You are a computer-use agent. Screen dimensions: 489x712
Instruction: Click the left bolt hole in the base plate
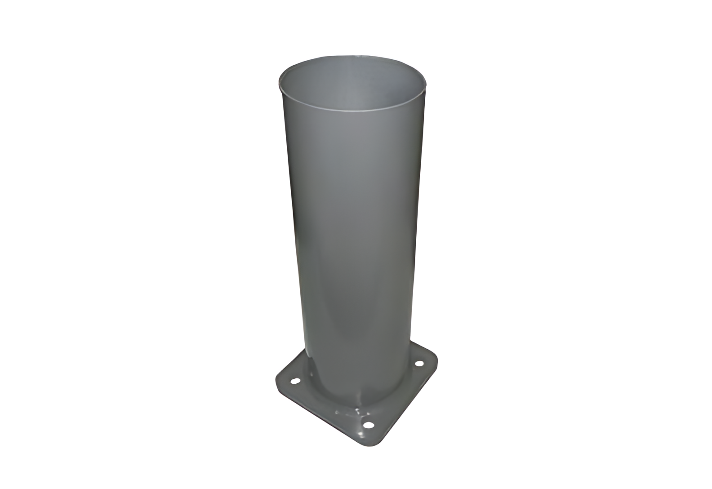[295, 381]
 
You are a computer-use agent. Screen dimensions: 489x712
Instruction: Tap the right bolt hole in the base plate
[419, 363]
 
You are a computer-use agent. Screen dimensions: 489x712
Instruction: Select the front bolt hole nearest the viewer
[369, 425]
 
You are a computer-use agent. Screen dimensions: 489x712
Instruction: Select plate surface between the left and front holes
[328, 402]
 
